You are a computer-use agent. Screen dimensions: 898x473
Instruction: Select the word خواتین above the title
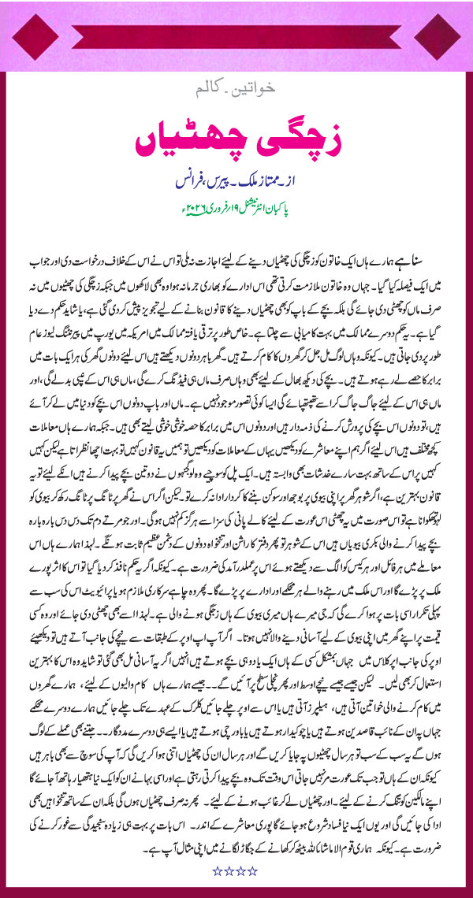[x=259, y=103]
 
